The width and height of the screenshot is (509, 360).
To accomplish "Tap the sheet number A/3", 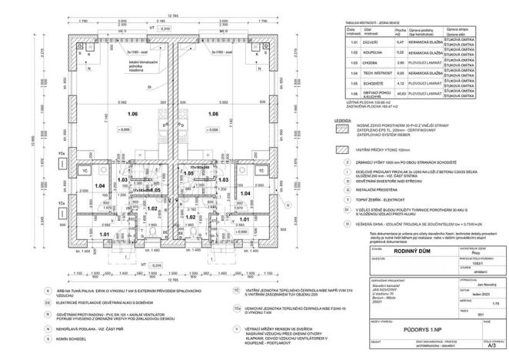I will [x=486, y=347].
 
